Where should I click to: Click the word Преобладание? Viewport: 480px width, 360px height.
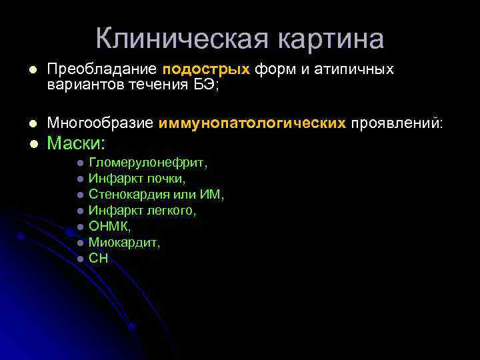click(101, 69)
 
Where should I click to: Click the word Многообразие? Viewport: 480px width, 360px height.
click(101, 122)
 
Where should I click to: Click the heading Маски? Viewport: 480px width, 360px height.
click(77, 143)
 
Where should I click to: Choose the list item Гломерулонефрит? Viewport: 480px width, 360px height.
click(148, 163)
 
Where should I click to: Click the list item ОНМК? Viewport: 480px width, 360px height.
click(105, 227)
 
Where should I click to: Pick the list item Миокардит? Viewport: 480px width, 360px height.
click(124, 243)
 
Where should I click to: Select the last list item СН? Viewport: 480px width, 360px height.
click(98, 259)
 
